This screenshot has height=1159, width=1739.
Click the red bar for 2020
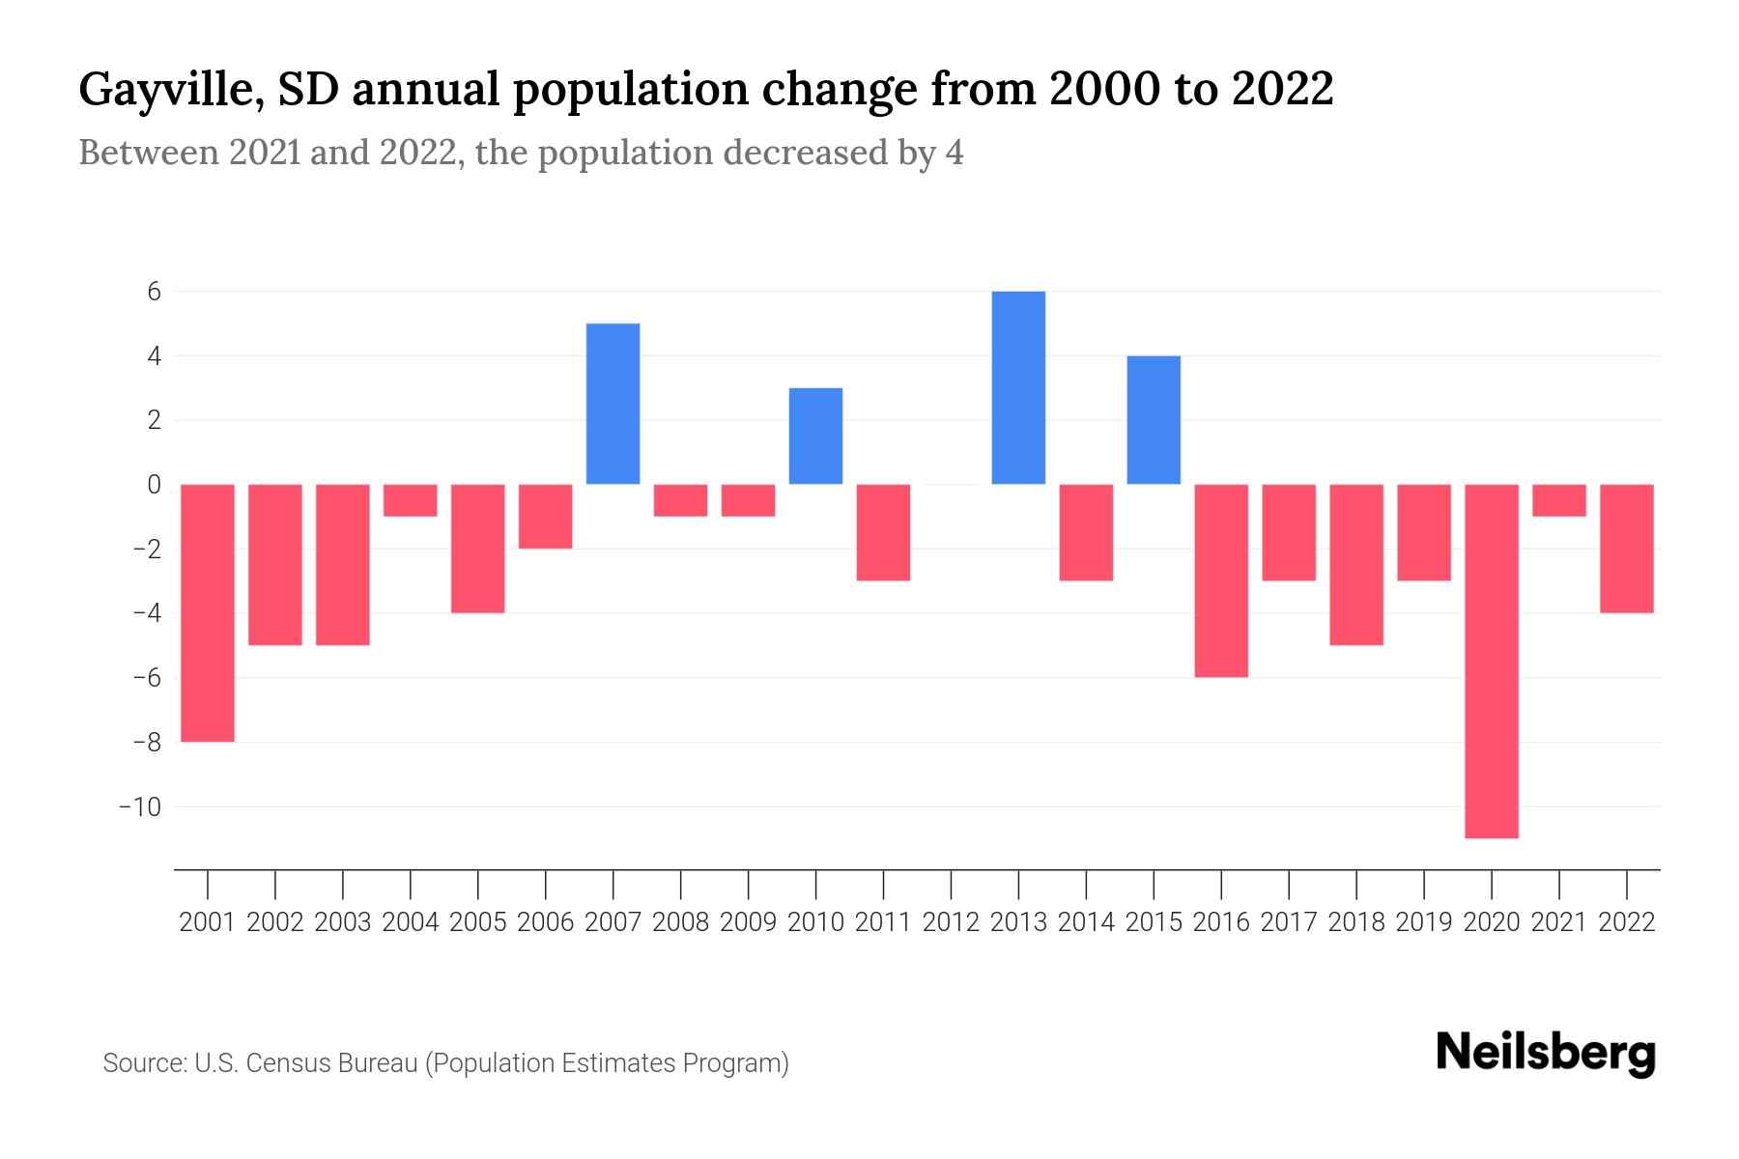coord(1491,661)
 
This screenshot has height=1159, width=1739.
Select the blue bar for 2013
coord(1018,387)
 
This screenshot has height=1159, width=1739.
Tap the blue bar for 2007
coord(613,404)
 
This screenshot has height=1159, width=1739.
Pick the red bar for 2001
coord(208,612)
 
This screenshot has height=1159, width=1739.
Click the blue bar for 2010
coord(815,436)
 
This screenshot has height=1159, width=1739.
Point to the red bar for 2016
coord(1221,580)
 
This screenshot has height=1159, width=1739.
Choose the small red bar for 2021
coord(1558,500)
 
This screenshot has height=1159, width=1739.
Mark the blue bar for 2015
coord(1154,420)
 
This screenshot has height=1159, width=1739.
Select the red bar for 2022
coord(1626,549)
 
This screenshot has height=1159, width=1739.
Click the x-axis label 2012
coord(951,922)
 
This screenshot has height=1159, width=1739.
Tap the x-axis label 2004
coord(411,922)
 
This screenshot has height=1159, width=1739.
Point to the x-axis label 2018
coord(1356,922)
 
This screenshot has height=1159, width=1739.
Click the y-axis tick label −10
coord(139,806)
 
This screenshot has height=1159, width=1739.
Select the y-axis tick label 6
coord(154,292)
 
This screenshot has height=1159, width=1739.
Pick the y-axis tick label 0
coord(154,485)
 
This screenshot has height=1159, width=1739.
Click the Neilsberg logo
coord(1546,1053)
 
